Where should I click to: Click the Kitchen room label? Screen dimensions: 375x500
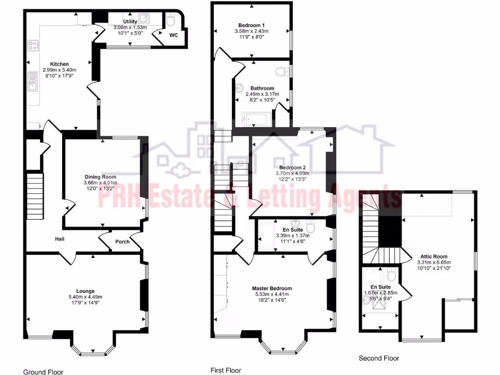(59, 64)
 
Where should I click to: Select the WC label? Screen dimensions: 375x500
(174, 36)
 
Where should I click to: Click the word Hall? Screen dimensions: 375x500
(60, 239)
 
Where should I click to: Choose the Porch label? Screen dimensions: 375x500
(122, 242)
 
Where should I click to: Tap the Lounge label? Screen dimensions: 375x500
(85, 291)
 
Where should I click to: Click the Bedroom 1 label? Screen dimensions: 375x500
(251, 25)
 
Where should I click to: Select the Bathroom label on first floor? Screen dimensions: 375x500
(262, 88)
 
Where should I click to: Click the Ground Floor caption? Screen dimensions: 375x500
(43, 372)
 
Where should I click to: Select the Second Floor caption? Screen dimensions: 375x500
(379, 358)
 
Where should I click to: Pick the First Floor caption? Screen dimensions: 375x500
(226, 371)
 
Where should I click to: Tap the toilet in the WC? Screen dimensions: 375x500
(170, 21)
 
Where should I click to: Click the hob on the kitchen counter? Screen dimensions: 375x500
(33, 46)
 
